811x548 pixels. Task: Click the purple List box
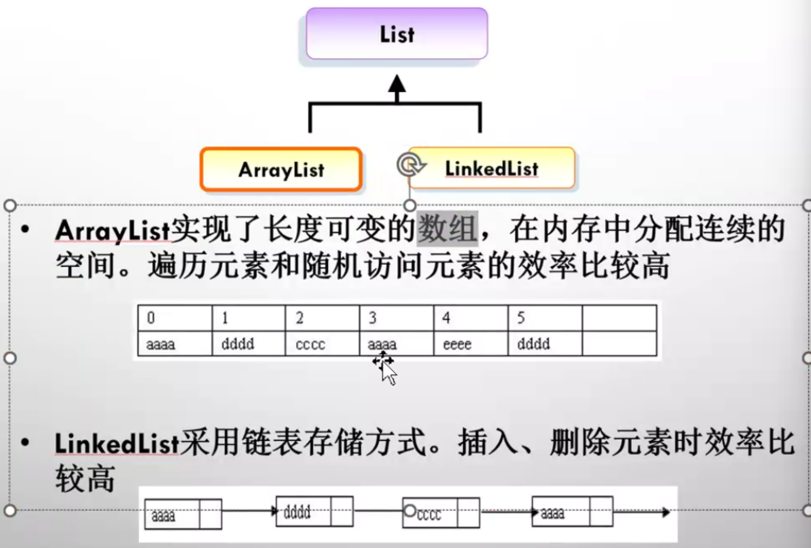coord(397,33)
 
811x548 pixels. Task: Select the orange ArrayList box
coord(281,169)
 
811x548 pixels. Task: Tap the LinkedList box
coord(492,168)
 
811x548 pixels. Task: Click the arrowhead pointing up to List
coord(397,84)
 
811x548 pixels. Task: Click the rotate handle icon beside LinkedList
coord(410,165)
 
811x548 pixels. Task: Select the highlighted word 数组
coord(447,229)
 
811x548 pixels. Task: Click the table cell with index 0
coord(175,318)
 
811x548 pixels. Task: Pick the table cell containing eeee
coord(471,344)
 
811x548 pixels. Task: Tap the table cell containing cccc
coord(322,344)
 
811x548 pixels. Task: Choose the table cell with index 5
coord(545,318)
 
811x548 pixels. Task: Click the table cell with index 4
coord(471,318)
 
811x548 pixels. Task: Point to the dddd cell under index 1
coord(248,344)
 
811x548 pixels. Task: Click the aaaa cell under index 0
coord(175,344)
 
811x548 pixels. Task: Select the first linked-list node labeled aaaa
coord(183,514)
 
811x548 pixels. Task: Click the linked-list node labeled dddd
coord(314,511)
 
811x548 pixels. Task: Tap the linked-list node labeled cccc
coord(441,513)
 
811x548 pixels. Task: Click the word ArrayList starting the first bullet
coord(112,230)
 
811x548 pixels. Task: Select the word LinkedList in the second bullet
coord(117,443)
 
